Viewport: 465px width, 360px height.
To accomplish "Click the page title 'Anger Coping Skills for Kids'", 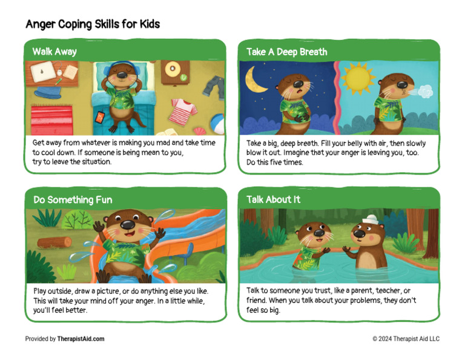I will [93, 24].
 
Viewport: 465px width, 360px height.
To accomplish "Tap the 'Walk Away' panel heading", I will [54, 52].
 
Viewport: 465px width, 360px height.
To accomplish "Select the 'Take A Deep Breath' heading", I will [286, 52].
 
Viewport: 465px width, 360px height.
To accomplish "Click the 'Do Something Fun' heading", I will [72, 199].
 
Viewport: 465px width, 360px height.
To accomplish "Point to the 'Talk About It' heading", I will [273, 199].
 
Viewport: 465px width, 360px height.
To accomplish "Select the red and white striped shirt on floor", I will [184, 110].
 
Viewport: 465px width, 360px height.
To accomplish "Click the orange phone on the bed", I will [100, 117].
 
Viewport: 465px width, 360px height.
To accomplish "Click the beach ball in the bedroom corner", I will [218, 125].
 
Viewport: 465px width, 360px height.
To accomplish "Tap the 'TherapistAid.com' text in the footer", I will [81, 339].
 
